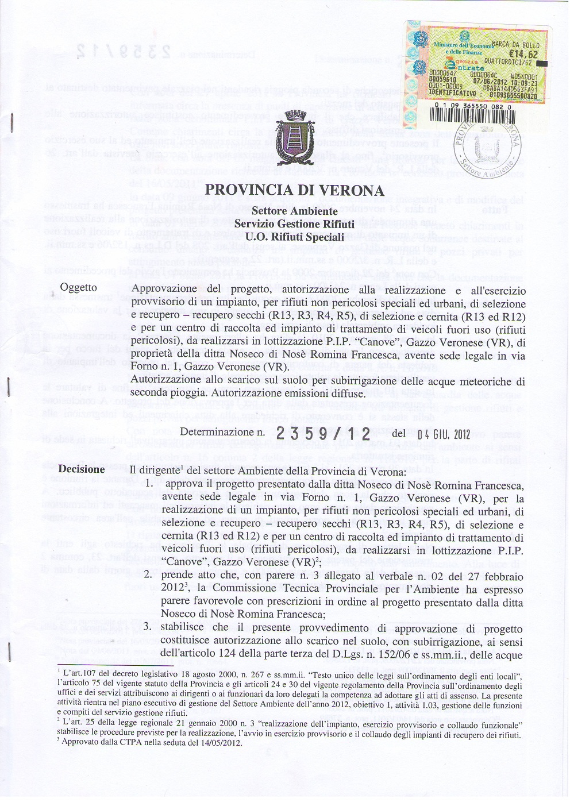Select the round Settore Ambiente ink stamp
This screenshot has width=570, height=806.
pos(487,151)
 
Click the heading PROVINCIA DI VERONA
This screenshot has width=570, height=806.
pos(294,190)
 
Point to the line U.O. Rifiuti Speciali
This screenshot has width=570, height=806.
pos(294,236)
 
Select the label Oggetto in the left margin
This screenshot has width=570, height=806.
pos(79,288)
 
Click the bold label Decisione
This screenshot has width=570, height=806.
pos(82,469)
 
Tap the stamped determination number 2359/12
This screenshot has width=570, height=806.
pos(323,434)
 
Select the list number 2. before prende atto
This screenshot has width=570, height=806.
pos(148,575)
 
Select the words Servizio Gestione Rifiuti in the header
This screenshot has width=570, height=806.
pos(294,224)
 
